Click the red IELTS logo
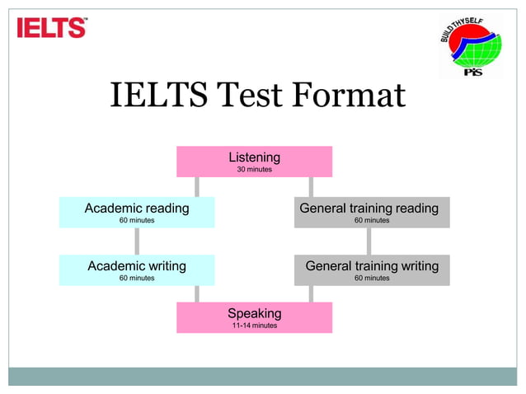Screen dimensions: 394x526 coord(51,28)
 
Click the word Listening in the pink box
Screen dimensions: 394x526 coord(254,157)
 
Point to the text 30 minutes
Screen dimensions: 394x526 coord(254,170)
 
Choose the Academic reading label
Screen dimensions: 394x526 coord(136,208)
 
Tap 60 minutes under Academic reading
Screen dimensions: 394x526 coord(136,221)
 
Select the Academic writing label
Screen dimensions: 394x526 coord(136,265)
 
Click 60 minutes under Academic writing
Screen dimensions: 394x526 coord(136,279)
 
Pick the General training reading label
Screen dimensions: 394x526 coord(369,208)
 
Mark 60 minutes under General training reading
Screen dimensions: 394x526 coord(372,221)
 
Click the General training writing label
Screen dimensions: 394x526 coord(372,265)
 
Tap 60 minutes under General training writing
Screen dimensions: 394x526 coord(372,279)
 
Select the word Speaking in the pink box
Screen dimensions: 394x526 coord(254,313)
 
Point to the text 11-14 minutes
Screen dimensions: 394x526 coord(254,326)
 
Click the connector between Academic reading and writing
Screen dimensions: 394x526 coord(137,241)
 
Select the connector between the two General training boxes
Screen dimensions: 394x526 coord(369,241)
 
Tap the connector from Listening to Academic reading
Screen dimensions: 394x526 coord(196,186)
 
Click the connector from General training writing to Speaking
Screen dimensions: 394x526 coord(311,293)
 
